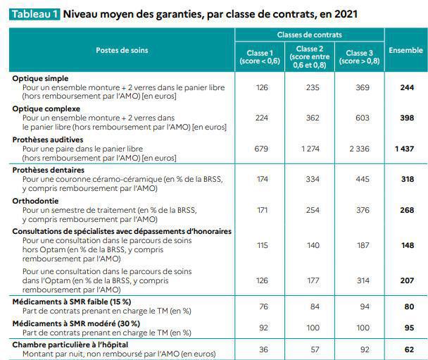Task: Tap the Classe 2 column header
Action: click(307, 56)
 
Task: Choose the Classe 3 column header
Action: click(357, 56)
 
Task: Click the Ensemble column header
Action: click(405, 50)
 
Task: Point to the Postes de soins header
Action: click(122, 50)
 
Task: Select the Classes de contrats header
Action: click(310, 34)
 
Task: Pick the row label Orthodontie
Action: click(34, 201)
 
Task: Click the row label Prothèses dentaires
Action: click(48, 170)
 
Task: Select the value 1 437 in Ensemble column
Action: click(405, 149)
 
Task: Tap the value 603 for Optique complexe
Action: click(362, 118)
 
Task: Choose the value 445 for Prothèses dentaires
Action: click(362, 180)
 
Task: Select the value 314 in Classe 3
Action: click(362, 281)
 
